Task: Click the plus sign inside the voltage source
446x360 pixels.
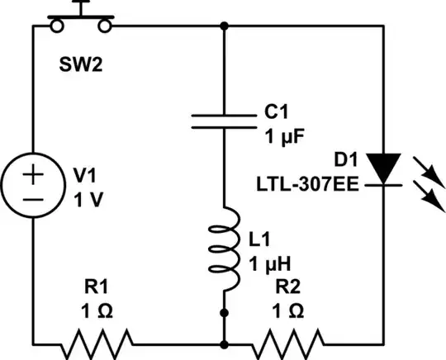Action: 33,175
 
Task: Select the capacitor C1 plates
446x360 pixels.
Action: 225,122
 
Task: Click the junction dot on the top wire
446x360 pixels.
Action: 225,25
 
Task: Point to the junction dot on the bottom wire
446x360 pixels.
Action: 225,340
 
